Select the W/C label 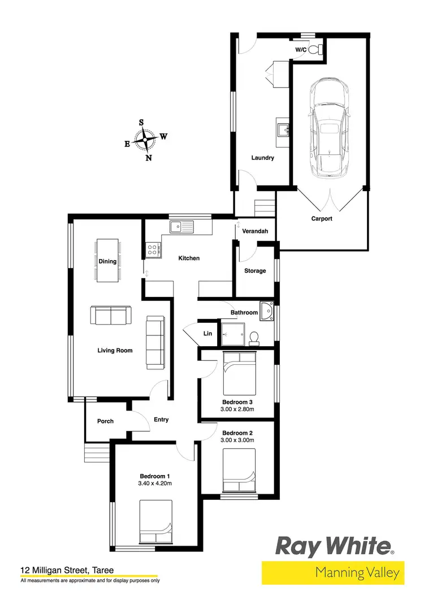301,50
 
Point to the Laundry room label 263,158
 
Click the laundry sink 283,128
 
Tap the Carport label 322,218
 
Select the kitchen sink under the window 182,227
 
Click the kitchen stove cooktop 153,249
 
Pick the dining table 107,261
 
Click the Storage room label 255,271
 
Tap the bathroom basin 267,310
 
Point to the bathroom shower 232,334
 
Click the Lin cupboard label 208,334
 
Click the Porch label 105,421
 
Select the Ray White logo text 334,547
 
